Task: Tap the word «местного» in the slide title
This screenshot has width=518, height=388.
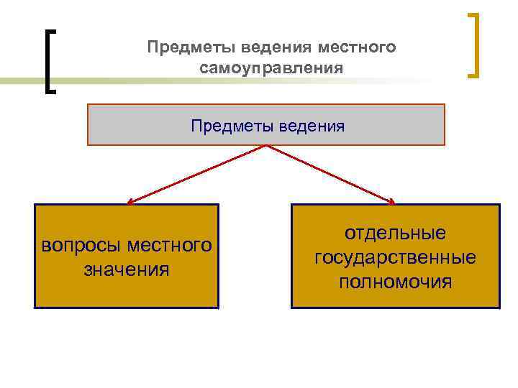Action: [358, 47]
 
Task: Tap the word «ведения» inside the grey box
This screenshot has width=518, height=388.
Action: [314, 126]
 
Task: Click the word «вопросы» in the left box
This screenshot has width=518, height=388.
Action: [81, 245]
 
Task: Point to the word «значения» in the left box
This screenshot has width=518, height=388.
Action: [126, 269]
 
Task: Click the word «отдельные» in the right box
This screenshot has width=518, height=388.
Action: [395, 234]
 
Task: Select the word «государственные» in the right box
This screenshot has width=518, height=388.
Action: [395, 257]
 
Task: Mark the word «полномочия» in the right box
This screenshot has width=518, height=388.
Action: [395, 281]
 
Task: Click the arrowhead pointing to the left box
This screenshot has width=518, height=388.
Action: [129, 203]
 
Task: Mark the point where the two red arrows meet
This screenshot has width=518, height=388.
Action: [267, 146]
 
